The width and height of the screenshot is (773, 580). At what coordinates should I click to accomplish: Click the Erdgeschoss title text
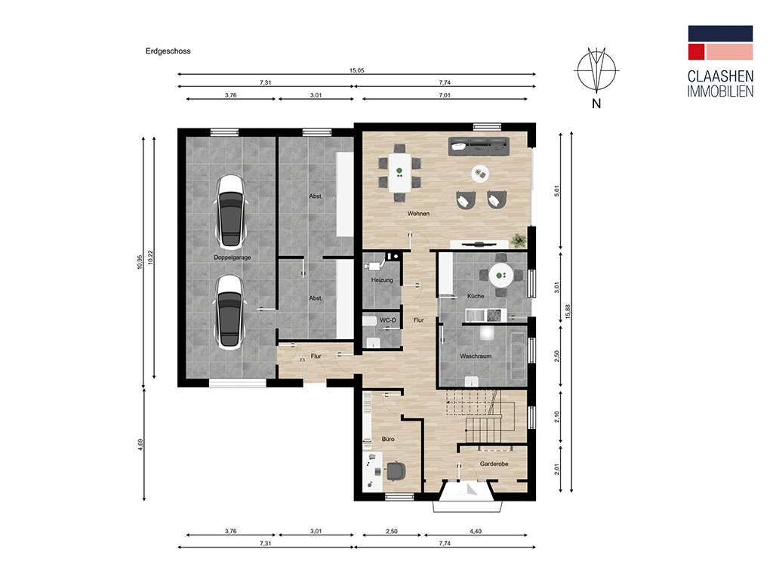click(x=168, y=51)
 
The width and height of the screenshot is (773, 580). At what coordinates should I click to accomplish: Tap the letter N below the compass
click(x=596, y=103)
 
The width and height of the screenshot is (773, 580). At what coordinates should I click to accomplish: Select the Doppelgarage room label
click(x=232, y=258)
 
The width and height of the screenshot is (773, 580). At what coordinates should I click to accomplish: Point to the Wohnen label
click(x=418, y=214)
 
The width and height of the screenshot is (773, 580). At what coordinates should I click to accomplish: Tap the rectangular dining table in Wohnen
click(x=399, y=172)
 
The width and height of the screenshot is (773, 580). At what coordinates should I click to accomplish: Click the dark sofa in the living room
click(x=479, y=145)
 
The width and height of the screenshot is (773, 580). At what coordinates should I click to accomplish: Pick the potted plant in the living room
click(x=519, y=240)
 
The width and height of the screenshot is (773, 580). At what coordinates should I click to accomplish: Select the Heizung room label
click(x=382, y=280)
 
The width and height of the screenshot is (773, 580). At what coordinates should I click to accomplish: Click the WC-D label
click(x=388, y=321)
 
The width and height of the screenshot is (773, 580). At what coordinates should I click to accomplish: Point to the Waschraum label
click(x=476, y=356)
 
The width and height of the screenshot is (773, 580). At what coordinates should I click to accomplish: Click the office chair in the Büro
click(x=395, y=470)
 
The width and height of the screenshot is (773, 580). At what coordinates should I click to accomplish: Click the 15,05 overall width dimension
click(x=357, y=70)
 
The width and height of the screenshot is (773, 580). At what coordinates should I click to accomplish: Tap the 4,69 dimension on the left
click(x=140, y=445)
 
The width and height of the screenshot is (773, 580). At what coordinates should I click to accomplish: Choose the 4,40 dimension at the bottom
click(x=475, y=532)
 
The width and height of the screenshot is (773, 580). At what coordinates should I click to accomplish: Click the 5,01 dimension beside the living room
click(x=558, y=191)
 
